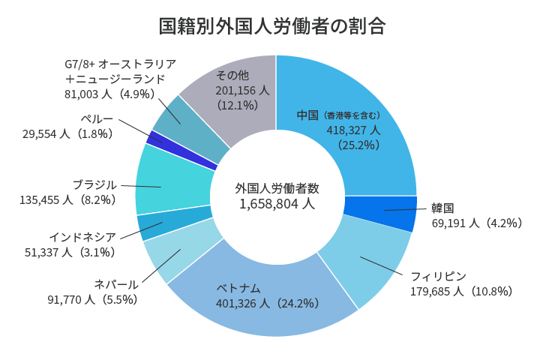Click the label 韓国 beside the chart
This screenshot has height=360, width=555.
pos(442,208)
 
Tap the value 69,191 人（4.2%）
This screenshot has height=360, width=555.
pos(477,223)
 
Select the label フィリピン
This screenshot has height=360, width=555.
pos(439,276)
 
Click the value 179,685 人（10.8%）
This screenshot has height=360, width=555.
pos(461,291)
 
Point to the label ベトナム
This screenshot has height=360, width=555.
pos(238,288)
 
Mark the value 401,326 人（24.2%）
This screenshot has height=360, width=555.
pos(268,304)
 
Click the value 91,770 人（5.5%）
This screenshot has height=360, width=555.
pos(92,299)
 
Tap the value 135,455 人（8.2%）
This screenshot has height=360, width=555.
pos(67,199)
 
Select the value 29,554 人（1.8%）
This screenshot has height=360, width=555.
pos(67,133)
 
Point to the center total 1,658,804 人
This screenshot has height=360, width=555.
pos(277,203)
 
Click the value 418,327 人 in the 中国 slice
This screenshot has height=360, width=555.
pos(352,130)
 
